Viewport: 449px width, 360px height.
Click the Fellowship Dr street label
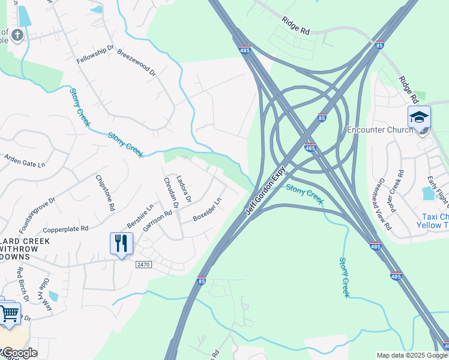click(x=95, y=54)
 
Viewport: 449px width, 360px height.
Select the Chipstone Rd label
click(x=104, y=193)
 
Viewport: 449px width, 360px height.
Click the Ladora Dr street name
click(x=184, y=188)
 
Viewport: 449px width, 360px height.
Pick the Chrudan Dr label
click(x=171, y=193)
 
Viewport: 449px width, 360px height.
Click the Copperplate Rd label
click(x=66, y=229)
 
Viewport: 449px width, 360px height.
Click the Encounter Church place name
click(x=380, y=130)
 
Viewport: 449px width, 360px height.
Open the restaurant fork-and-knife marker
click(x=121, y=244)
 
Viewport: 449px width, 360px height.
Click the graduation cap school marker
click(x=419, y=118)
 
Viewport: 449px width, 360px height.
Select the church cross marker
click(x=17, y=34)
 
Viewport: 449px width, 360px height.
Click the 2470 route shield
click(x=143, y=264)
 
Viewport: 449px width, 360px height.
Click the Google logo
click(x=19, y=353)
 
